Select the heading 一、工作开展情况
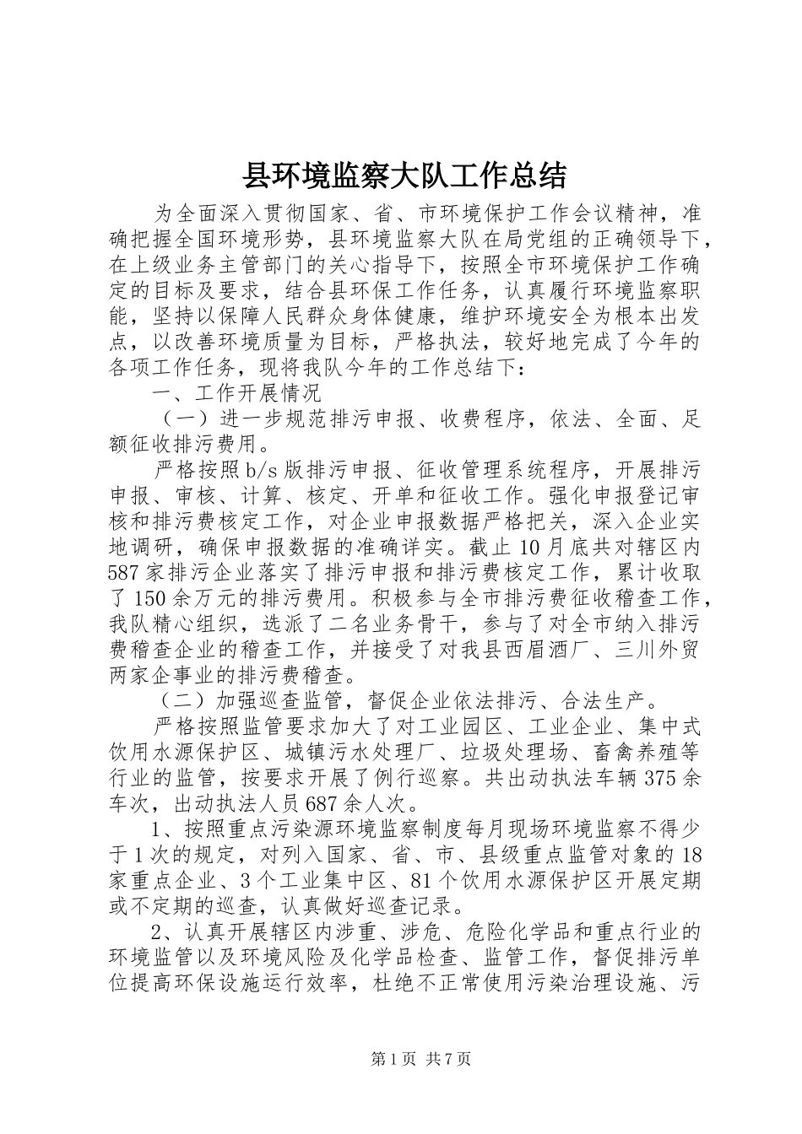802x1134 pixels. point(236,394)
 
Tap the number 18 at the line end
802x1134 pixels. point(690,855)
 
